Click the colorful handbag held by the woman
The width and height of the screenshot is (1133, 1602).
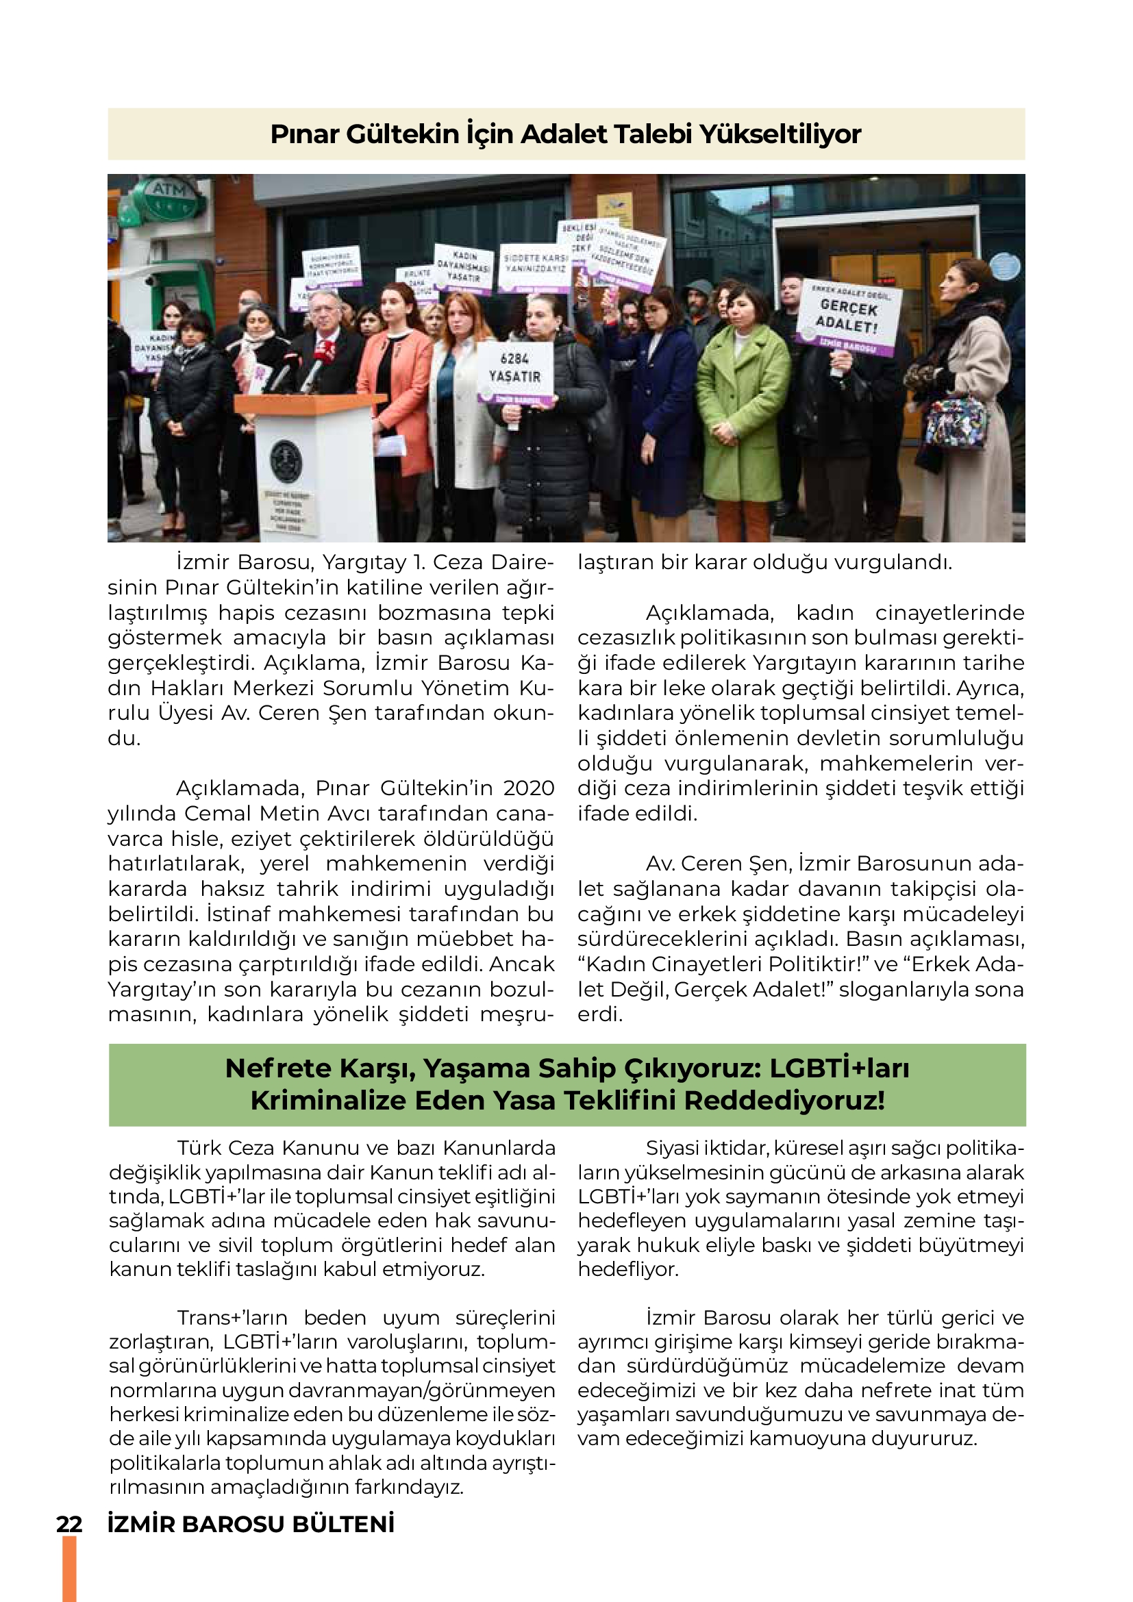(x=955, y=421)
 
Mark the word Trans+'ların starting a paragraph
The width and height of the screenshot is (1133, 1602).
(x=232, y=1318)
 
